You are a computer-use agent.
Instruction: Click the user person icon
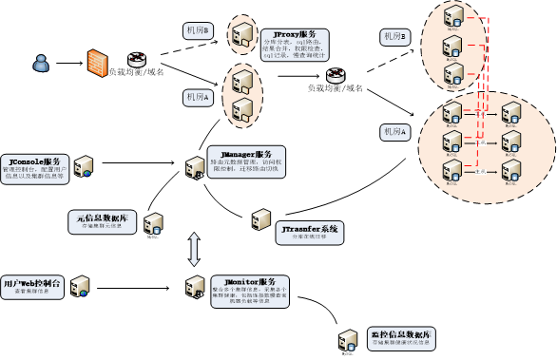[x=40, y=64]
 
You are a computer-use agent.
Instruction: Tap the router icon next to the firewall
[x=135, y=59]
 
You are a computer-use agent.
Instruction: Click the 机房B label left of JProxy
[x=197, y=32]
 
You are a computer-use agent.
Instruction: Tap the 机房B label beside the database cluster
[x=394, y=36]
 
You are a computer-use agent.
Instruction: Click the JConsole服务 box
[x=34, y=168]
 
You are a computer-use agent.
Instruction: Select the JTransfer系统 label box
[x=310, y=233]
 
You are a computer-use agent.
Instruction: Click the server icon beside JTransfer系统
[x=259, y=221]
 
